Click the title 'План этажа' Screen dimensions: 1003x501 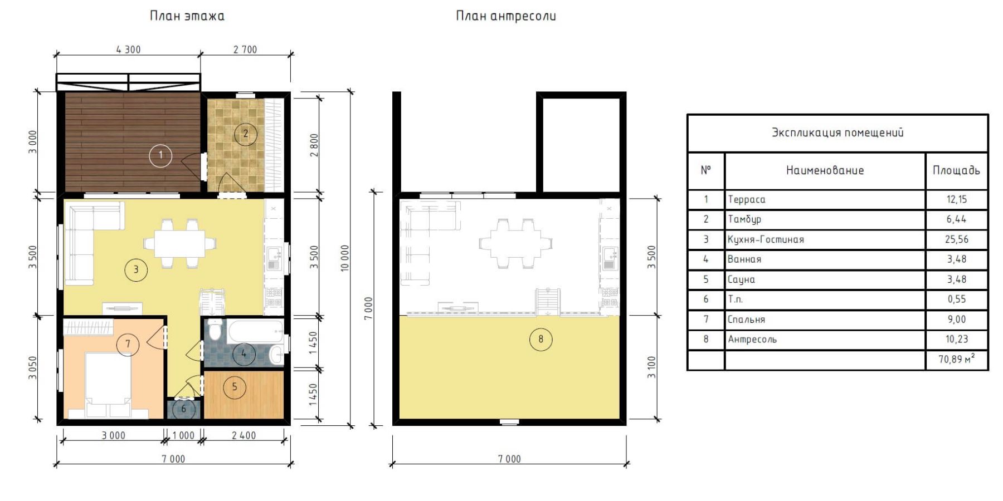tap(187, 16)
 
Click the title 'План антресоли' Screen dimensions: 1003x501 tap(506, 16)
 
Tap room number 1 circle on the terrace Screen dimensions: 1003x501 tap(160, 155)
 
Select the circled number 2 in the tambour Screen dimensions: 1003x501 tap(245, 134)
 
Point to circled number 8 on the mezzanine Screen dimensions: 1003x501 tap(541, 339)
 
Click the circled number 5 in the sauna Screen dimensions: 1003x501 tap(234, 387)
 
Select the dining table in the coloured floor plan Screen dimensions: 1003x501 tap(179, 244)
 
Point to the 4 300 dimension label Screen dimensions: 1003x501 tap(128, 50)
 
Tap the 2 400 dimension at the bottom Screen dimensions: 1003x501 tap(244, 435)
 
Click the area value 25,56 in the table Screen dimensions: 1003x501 tap(957, 239)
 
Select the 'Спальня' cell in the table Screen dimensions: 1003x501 tap(746, 320)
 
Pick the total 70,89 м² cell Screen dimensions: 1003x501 tap(957, 359)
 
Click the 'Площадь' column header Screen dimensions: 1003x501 tap(956, 170)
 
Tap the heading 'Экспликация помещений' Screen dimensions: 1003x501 tap(838, 132)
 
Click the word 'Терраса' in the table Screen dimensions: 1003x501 tap(746, 199)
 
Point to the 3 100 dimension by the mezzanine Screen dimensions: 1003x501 tap(651, 367)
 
